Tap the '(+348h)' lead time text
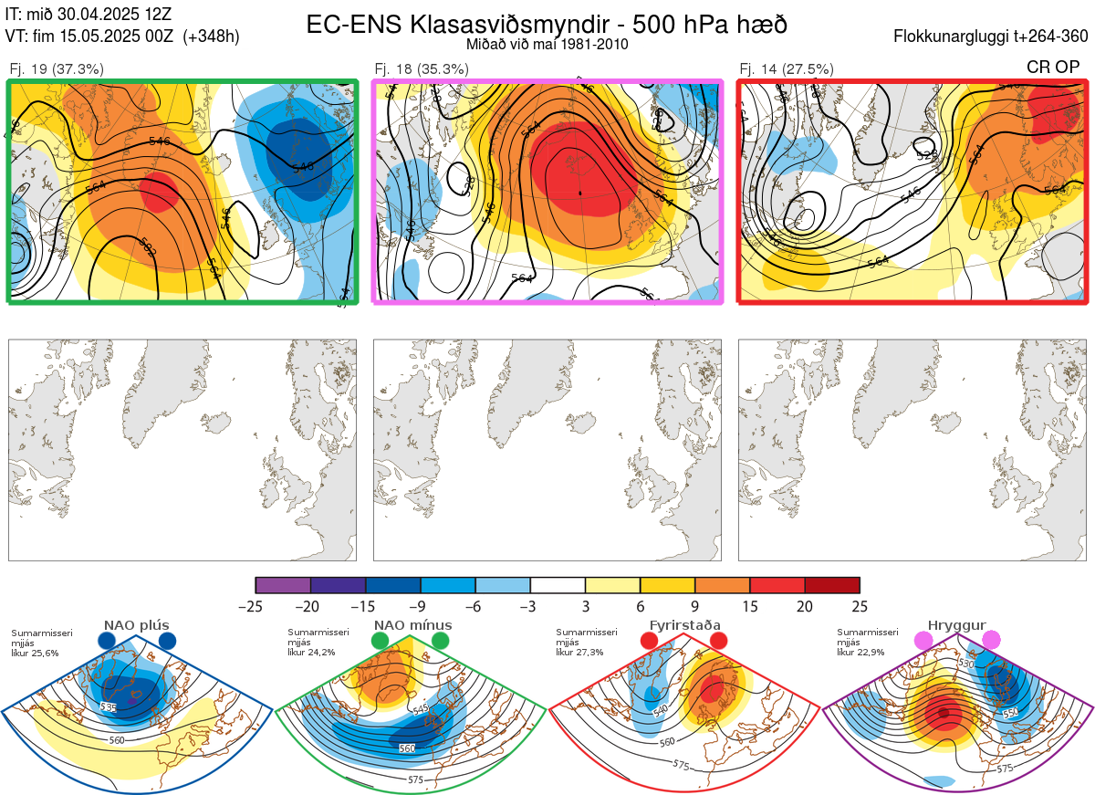(x=211, y=37)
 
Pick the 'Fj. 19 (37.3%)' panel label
(x=57, y=68)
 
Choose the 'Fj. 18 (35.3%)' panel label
(x=422, y=68)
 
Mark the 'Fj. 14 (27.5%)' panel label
(x=787, y=68)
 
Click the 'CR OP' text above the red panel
(x=1054, y=68)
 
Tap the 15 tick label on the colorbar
(x=749, y=606)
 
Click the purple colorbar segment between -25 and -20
(x=283, y=585)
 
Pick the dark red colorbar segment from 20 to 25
(x=832, y=585)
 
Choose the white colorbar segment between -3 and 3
(x=558, y=585)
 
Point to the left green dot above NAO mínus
(x=380, y=642)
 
